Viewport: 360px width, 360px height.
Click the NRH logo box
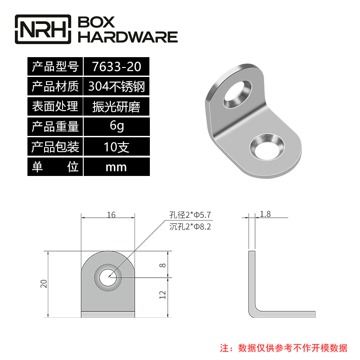click(43, 30)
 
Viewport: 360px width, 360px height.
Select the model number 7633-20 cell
click(116, 67)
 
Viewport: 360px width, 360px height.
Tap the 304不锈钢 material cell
click(116, 86)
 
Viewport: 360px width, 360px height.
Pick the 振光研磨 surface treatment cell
click(116, 107)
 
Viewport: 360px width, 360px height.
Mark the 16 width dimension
click(111, 215)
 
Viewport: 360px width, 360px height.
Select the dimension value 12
click(162, 295)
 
